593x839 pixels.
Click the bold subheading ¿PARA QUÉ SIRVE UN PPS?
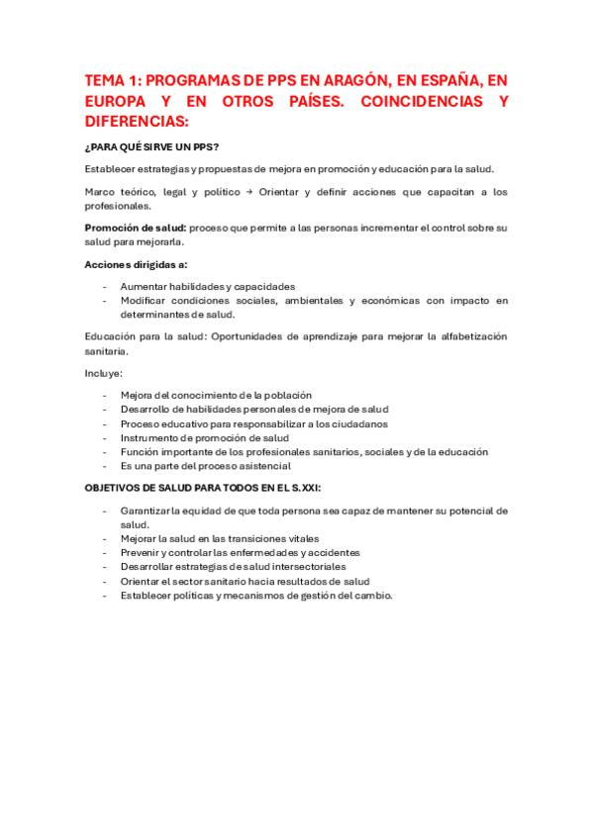point(151,147)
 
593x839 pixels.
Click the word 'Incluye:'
point(104,373)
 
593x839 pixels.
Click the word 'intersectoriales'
point(309,567)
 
